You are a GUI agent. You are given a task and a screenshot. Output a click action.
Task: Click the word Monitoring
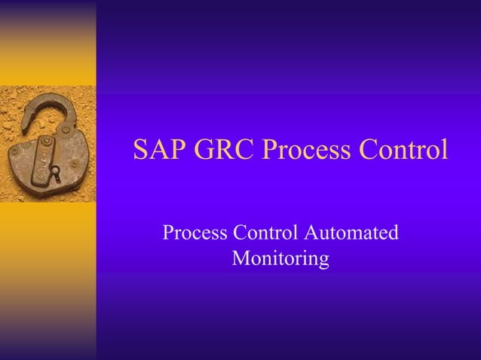click(x=280, y=259)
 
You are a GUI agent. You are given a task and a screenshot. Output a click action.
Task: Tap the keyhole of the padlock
click(x=54, y=173)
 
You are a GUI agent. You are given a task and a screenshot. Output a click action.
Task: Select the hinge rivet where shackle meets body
click(x=66, y=130)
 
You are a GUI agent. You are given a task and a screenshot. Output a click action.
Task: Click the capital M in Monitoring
click(x=241, y=259)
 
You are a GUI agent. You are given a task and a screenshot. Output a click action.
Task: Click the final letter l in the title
click(x=444, y=149)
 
